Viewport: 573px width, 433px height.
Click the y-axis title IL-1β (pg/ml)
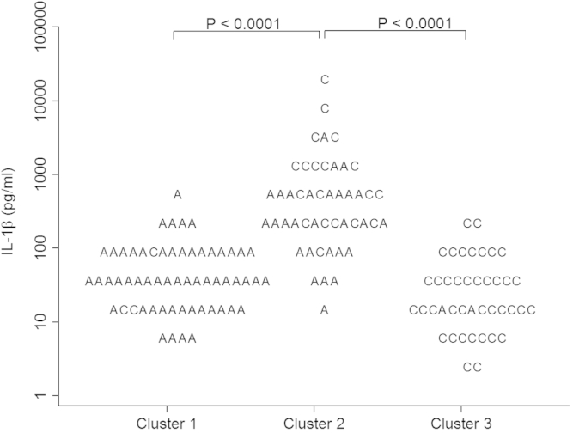15,210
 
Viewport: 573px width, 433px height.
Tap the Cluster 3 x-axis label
460,423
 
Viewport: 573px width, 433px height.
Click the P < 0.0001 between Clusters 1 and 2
245,23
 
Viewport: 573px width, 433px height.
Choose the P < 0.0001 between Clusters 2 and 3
416,23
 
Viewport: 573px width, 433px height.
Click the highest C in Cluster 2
325,80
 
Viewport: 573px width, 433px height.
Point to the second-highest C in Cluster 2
325,108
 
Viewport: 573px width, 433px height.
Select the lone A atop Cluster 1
178,195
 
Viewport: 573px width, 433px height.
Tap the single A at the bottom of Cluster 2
325,310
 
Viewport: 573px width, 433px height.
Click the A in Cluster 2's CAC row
325,137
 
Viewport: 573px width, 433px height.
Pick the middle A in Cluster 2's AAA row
325,281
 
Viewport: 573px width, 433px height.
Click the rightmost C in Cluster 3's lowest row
477,368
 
